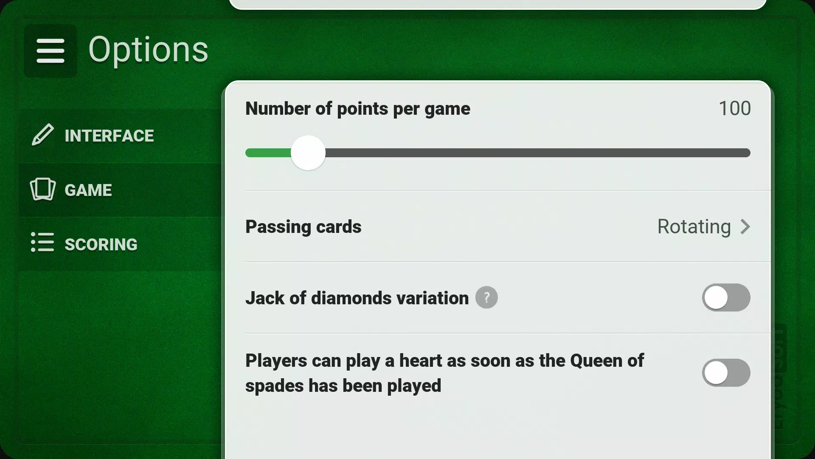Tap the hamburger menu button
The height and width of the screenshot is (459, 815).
51,51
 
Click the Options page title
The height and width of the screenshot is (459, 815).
148,50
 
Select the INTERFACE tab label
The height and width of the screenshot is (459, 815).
109,136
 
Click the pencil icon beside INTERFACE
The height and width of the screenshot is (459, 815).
43,135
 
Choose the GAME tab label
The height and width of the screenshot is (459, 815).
88,190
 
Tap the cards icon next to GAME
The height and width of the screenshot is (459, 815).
43,189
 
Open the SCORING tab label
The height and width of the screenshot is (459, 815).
101,244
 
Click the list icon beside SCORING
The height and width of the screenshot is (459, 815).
42,242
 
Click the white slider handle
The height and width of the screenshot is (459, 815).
308,153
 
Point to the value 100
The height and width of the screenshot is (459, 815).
734,108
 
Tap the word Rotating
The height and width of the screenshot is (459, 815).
694,227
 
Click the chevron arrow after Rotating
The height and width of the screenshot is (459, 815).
745,227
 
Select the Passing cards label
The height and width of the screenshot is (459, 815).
304,227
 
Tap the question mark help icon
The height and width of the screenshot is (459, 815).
486,297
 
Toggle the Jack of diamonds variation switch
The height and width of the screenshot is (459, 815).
726,297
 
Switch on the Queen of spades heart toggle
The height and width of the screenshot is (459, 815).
726,373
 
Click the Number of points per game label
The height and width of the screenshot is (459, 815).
358,109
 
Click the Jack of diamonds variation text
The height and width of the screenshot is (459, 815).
357,298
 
